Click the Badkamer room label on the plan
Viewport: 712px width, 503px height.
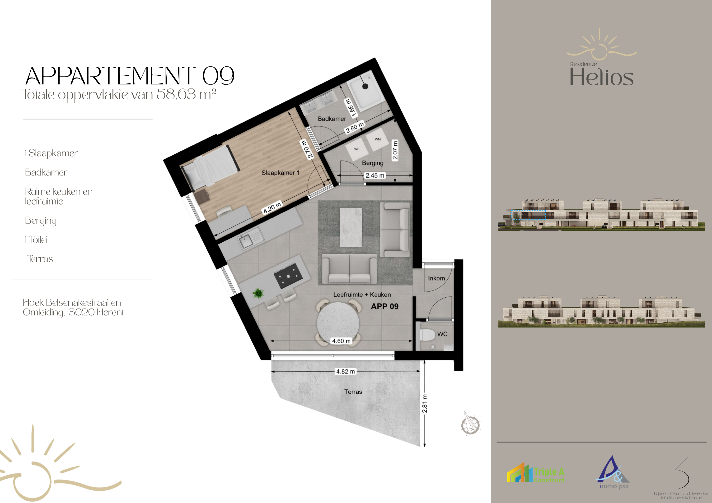(332, 119)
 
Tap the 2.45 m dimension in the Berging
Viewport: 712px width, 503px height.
(375, 175)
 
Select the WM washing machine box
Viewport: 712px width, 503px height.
(377, 139)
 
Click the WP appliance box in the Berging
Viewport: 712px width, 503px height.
(357, 149)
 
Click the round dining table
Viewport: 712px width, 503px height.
(338, 322)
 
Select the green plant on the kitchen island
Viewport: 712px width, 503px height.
(258, 293)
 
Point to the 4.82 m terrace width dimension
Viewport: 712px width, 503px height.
(346, 371)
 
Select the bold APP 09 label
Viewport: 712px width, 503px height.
(384, 306)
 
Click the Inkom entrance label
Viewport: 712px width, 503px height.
(436, 278)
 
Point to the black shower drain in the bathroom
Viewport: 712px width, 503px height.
(365, 87)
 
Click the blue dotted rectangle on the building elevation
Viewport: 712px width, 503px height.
(528, 215)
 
